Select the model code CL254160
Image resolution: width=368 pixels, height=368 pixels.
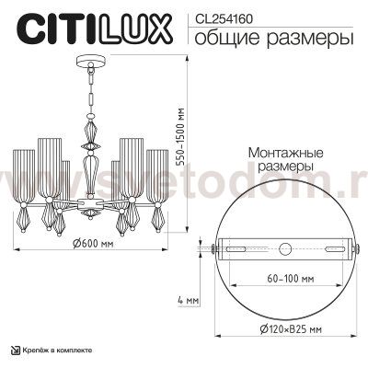226,16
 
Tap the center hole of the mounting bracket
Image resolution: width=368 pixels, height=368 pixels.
283,247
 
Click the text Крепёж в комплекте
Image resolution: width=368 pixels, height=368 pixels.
57,351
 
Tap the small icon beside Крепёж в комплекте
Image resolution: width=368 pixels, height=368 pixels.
14,351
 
